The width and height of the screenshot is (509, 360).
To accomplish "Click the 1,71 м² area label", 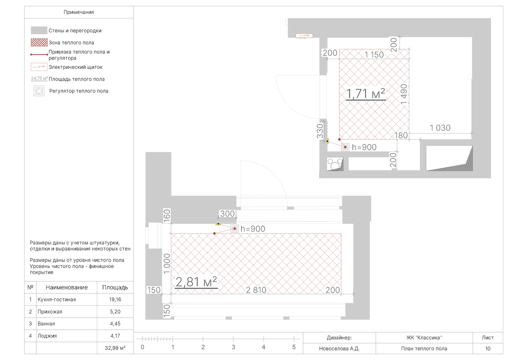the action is tap(365, 94).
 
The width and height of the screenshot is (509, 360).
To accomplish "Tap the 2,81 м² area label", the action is tap(196, 282).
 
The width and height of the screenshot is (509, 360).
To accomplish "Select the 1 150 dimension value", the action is tap(374, 55).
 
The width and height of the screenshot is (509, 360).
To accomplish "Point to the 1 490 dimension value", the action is tap(404, 94).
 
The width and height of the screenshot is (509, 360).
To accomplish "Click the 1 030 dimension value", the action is tap(440, 128).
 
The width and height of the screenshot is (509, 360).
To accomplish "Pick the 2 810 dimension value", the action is tap(256, 290).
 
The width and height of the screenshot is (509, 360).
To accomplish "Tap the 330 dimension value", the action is tap(320, 131).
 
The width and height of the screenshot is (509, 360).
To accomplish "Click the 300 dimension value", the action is tap(227, 213).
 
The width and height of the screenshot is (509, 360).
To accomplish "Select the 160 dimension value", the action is tap(167, 216).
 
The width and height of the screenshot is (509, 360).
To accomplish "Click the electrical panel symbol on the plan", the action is tap(304, 36).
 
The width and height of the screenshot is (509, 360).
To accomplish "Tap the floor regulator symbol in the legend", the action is tap(39, 91).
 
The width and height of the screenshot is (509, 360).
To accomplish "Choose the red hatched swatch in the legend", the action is tap(39, 42).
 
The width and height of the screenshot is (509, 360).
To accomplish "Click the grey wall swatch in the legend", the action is tap(39, 30).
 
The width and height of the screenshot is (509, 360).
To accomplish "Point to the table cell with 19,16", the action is tap(115, 300).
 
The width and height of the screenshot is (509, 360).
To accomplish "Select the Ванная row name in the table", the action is tap(46, 324).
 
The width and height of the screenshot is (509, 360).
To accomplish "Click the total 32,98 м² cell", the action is tap(115, 348).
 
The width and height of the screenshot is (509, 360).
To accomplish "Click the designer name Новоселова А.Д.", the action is tap(339, 348).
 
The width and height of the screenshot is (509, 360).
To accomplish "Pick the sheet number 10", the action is tap(488, 348).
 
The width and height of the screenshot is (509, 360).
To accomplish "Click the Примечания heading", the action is tap(78, 12).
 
